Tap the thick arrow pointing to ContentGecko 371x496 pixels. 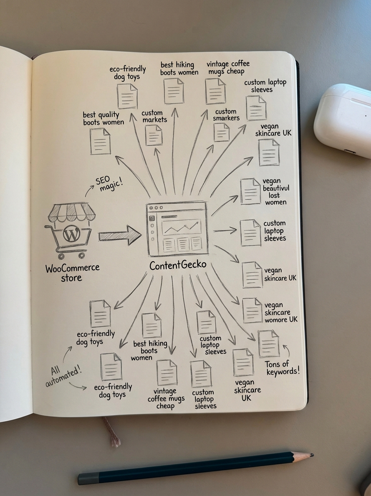click(120, 236)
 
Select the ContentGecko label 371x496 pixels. click(178, 265)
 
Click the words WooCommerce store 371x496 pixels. click(72, 272)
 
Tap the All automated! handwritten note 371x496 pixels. click(64, 373)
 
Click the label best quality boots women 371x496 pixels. click(103, 118)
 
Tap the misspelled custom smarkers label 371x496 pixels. click(226, 114)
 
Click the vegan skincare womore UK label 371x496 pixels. click(281, 312)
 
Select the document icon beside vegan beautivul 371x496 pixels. click(250, 191)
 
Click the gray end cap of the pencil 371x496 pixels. click(88, 478)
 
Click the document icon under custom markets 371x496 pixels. click(154, 135)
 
